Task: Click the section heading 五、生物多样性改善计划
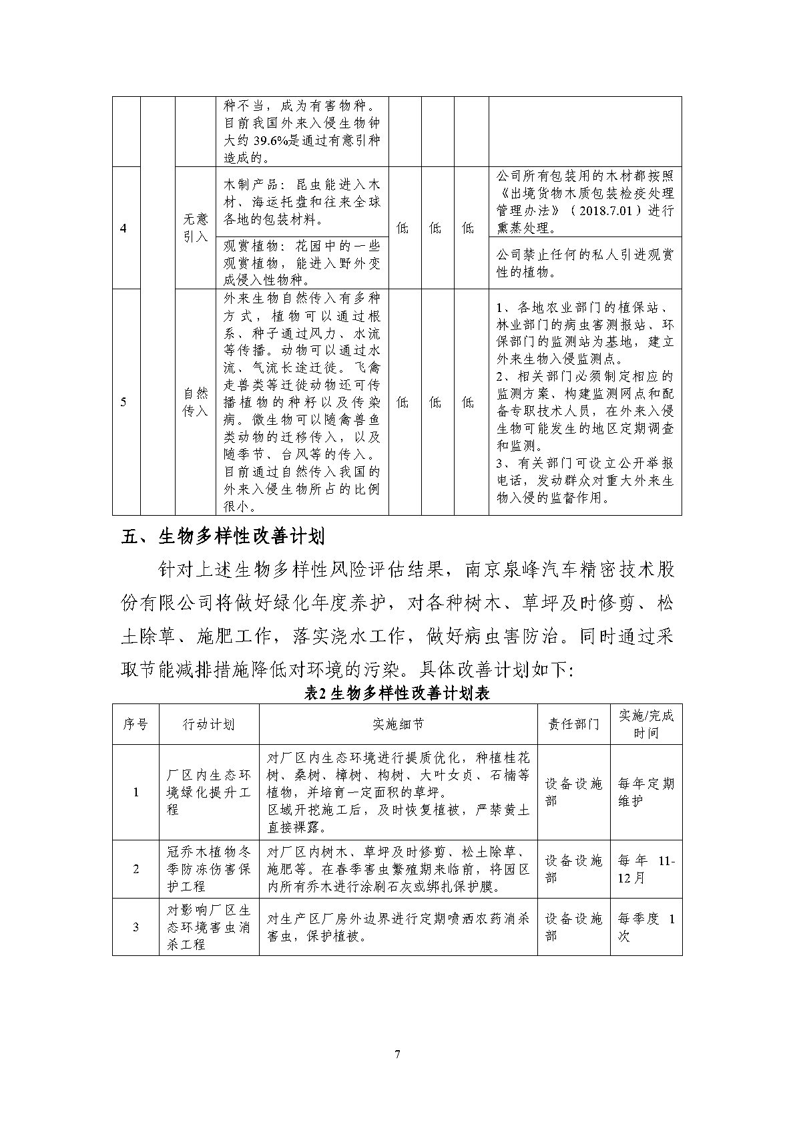(223, 536)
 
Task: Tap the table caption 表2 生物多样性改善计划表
(397, 693)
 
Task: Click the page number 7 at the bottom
(398, 1055)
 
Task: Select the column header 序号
(136, 724)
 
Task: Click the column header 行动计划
(209, 724)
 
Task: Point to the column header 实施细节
(398, 724)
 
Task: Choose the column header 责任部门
(573, 724)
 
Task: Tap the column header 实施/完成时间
(645, 724)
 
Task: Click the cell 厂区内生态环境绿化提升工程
(209, 792)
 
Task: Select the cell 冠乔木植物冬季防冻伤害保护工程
(209, 869)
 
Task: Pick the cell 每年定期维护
(645, 792)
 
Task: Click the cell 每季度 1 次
(645, 927)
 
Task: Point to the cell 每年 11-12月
(645, 869)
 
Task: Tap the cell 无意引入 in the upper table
(196, 228)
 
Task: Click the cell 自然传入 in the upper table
(196, 401)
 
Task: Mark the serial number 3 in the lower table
(136, 927)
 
